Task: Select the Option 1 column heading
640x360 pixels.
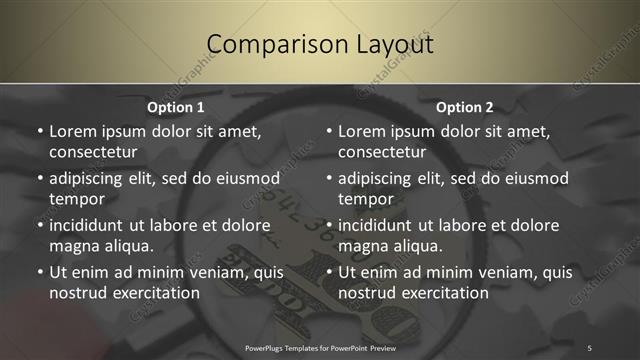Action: click(176, 107)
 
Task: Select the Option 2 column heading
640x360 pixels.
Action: click(465, 107)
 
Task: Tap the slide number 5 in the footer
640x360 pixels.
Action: click(589, 347)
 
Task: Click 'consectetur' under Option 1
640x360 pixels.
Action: click(93, 152)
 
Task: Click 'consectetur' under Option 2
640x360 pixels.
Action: click(382, 152)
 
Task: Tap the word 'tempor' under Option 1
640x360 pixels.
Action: click(76, 199)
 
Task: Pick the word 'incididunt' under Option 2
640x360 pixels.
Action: click(380, 225)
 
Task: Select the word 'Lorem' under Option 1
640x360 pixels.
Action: click(72, 131)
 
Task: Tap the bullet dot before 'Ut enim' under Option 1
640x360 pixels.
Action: click(39, 272)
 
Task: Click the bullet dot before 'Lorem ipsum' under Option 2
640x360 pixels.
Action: click(328, 131)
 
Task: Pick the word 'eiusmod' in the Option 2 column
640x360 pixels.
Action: click(533, 178)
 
